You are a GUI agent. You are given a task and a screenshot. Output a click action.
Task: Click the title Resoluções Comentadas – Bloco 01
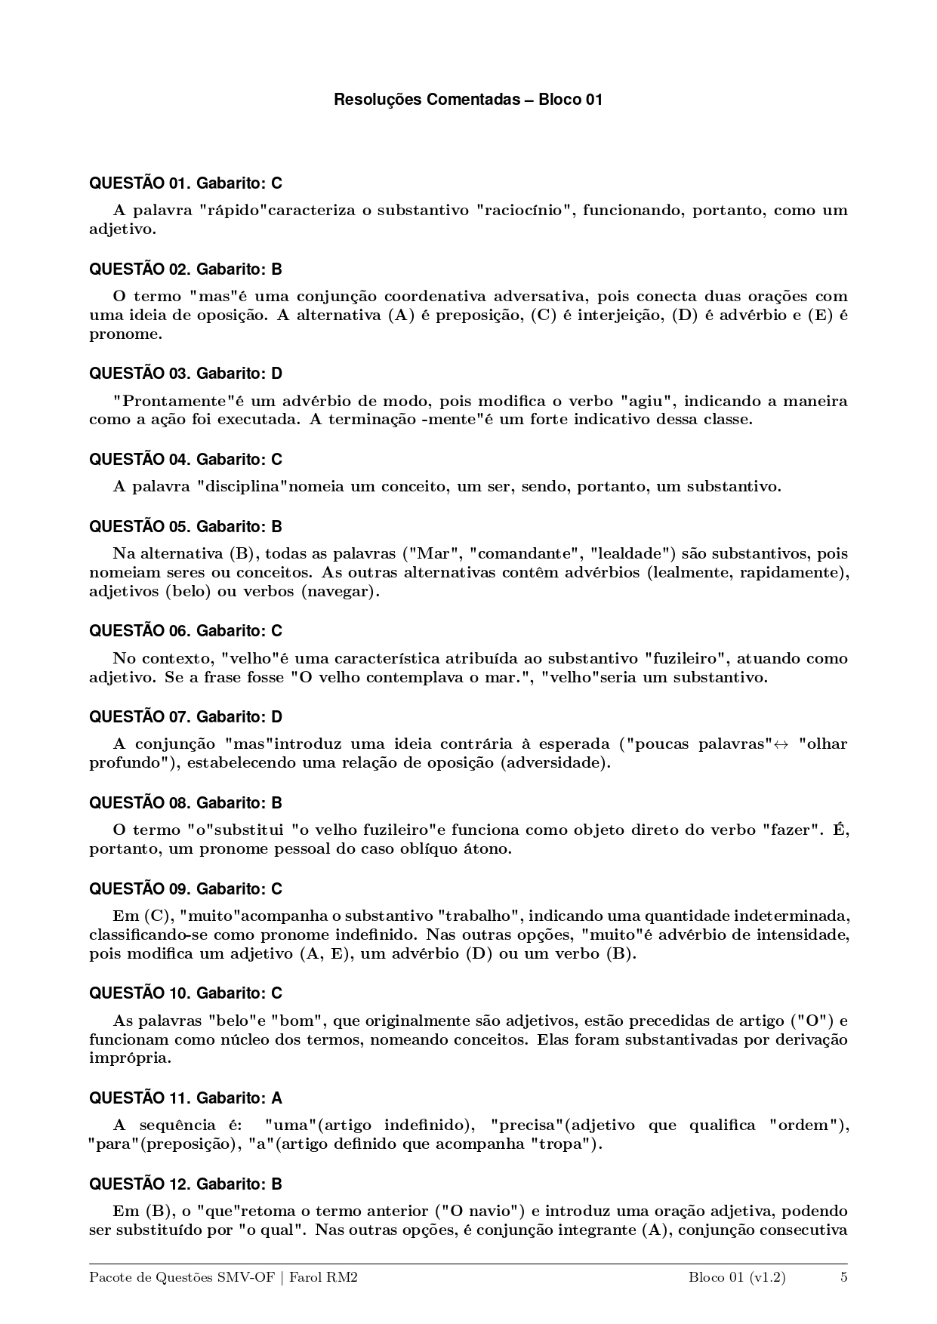(x=468, y=100)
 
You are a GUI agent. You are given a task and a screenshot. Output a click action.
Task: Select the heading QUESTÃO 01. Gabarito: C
(x=186, y=183)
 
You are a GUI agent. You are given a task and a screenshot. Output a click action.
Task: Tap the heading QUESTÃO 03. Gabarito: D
(x=186, y=374)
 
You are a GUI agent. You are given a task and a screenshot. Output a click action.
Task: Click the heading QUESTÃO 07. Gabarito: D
(x=186, y=717)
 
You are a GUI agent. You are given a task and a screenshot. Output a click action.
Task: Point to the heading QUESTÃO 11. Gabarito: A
(x=186, y=1098)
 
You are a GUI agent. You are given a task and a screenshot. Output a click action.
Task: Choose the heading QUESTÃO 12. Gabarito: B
(x=186, y=1184)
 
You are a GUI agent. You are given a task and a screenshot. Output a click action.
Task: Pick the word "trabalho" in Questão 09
(x=479, y=916)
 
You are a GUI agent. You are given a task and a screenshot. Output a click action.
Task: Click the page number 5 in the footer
(x=843, y=1278)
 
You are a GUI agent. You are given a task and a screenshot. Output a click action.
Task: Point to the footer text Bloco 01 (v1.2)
(x=737, y=1278)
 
